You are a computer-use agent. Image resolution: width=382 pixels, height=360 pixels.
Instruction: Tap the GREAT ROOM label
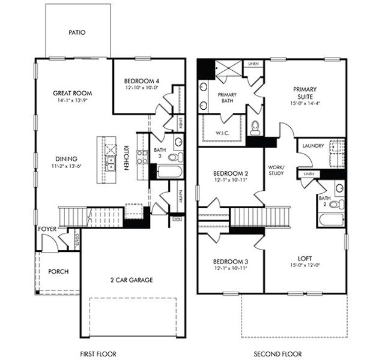click(x=71, y=93)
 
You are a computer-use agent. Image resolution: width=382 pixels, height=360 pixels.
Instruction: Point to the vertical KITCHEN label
click(x=127, y=158)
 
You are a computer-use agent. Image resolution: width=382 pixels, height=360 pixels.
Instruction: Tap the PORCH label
click(x=58, y=271)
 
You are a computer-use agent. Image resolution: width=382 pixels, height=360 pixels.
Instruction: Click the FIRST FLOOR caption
click(x=98, y=353)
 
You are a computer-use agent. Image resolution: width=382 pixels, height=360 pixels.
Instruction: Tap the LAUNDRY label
click(x=314, y=146)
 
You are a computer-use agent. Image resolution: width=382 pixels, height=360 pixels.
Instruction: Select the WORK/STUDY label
click(x=275, y=170)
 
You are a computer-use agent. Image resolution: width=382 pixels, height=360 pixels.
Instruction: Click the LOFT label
click(x=305, y=259)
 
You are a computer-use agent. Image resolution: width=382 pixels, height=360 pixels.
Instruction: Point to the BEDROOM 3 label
click(x=231, y=262)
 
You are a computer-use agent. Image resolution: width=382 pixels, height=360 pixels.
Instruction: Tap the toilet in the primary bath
click(x=254, y=127)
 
